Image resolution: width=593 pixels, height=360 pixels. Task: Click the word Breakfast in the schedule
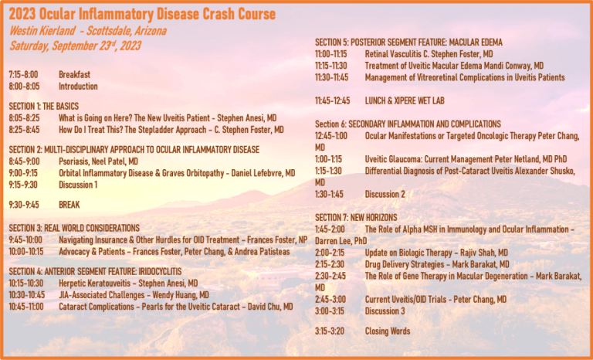tap(74, 75)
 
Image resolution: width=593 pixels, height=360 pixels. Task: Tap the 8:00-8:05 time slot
tap(24, 87)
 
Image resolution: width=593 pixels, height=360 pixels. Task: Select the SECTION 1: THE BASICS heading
tap(44, 107)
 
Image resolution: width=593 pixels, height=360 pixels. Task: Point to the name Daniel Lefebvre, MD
tap(263, 173)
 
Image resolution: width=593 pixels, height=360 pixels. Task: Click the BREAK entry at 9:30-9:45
tap(69, 205)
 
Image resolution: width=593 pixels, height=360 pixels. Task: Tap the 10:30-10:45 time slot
tap(27, 295)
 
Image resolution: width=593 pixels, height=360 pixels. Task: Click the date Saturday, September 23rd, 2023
tap(75, 46)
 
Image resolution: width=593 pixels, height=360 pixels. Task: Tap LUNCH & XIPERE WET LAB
tap(405, 101)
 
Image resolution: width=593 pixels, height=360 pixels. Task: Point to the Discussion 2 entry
tap(385, 195)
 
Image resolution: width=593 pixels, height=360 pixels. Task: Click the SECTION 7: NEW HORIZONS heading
tap(356, 218)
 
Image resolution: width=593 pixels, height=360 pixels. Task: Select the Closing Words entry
tap(388, 331)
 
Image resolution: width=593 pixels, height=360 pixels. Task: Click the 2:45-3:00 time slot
tap(330, 300)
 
